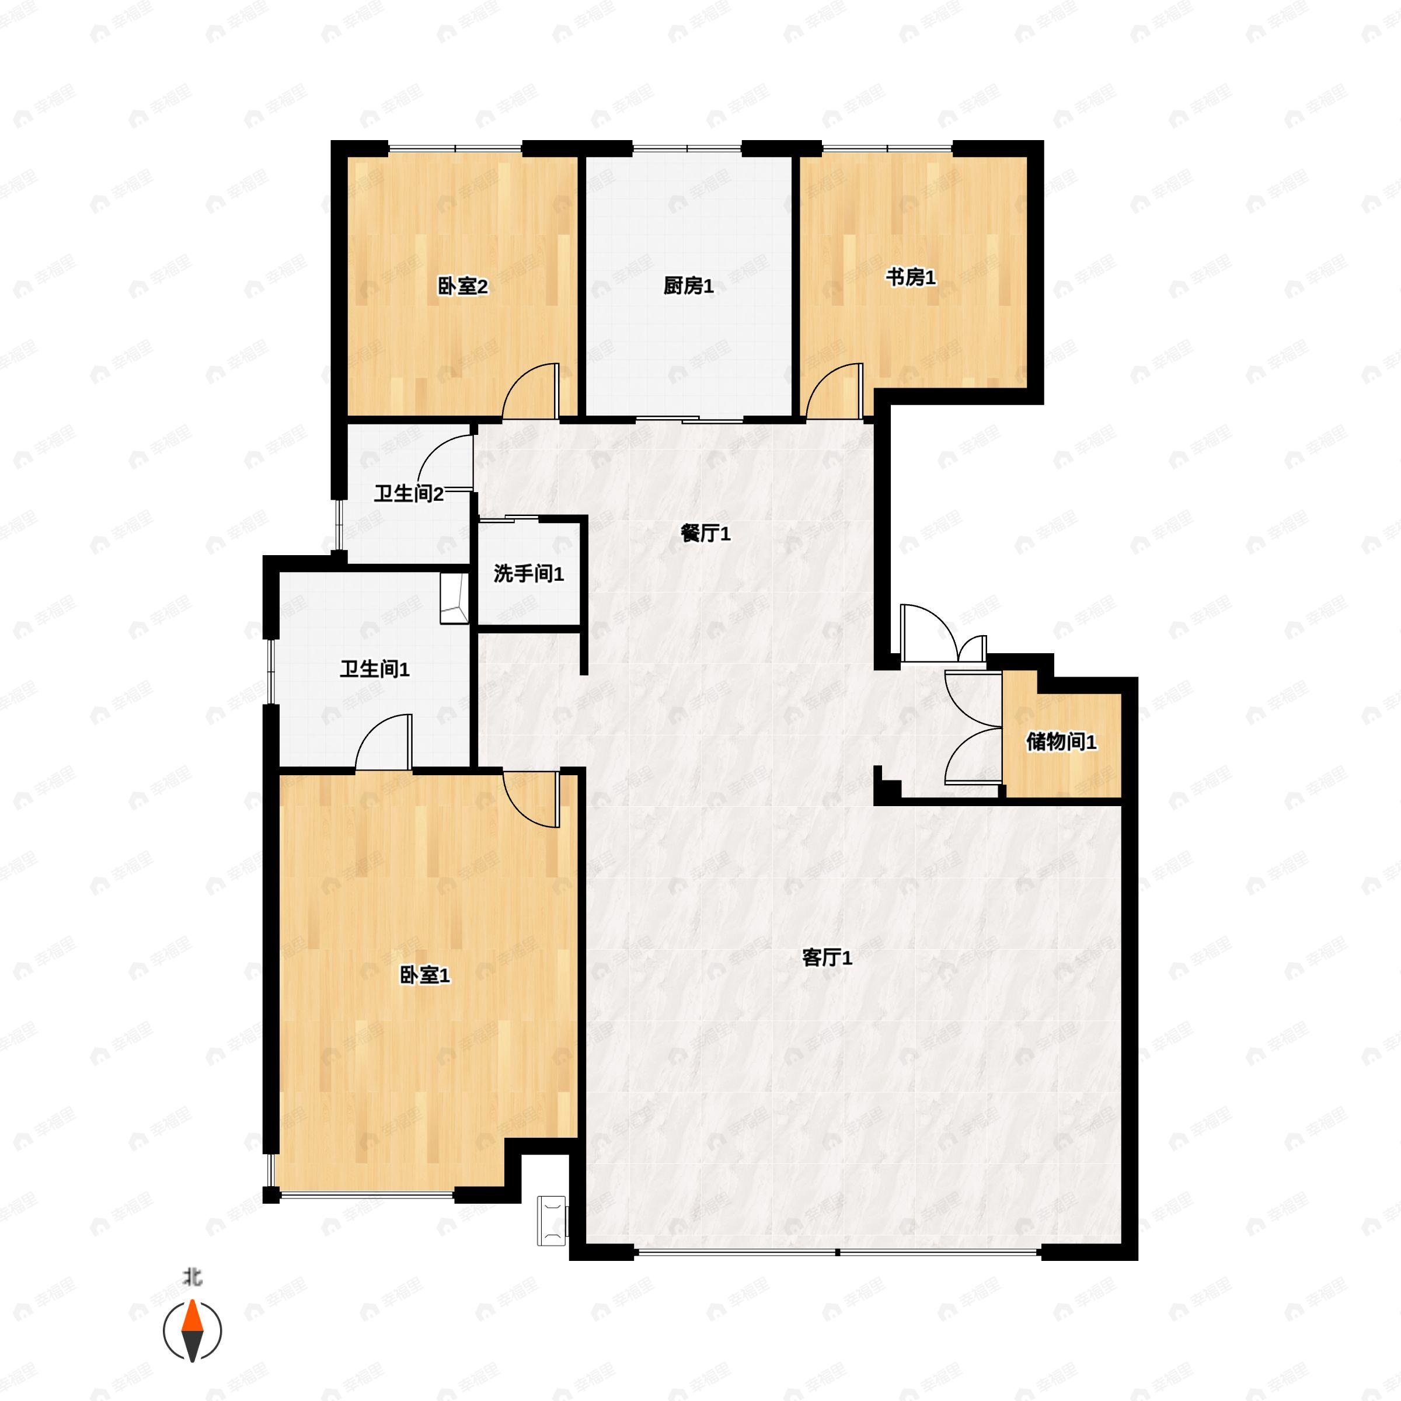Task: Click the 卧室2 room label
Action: (x=462, y=287)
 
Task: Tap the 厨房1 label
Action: (x=688, y=287)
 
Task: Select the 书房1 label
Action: (x=910, y=277)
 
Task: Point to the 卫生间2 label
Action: (x=408, y=494)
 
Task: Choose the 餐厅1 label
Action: (x=705, y=534)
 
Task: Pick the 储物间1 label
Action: (x=1060, y=741)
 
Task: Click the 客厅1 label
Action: (x=827, y=957)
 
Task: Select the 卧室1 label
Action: (x=424, y=975)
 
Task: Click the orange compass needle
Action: (x=192, y=1317)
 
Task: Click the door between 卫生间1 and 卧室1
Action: (x=383, y=741)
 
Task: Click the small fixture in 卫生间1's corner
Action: (x=454, y=598)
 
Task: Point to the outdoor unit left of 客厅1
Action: (x=552, y=1221)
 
